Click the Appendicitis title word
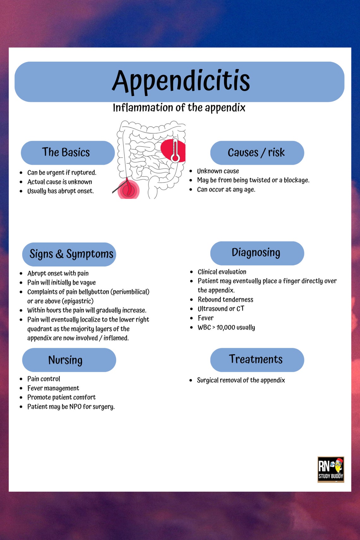[x=181, y=81]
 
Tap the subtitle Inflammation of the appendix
[x=179, y=108]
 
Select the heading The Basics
[x=66, y=153]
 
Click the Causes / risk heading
[x=256, y=153]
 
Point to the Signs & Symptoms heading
[x=71, y=254]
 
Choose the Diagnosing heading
[x=256, y=253]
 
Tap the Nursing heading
[x=65, y=360]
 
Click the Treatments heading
[x=256, y=359]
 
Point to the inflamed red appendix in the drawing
[x=128, y=189]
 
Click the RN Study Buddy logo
[x=331, y=470]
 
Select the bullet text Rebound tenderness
[x=225, y=300]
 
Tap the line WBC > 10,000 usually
[x=226, y=327]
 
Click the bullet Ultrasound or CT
[x=221, y=309]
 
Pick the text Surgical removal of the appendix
[x=241, y=380]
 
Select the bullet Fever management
[x=53, y=388]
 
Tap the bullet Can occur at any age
[x=226, y=189]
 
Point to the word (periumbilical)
[x=130, y=292]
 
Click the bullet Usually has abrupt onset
[x=60, y=191]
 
